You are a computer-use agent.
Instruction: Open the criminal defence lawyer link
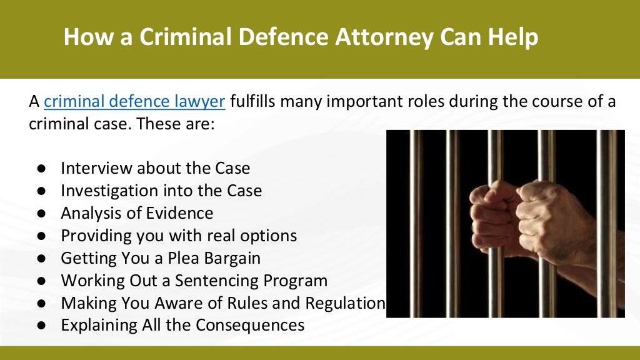point(135,101)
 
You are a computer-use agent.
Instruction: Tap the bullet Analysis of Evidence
point(137,213)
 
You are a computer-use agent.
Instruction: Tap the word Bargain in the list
point(229,258)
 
